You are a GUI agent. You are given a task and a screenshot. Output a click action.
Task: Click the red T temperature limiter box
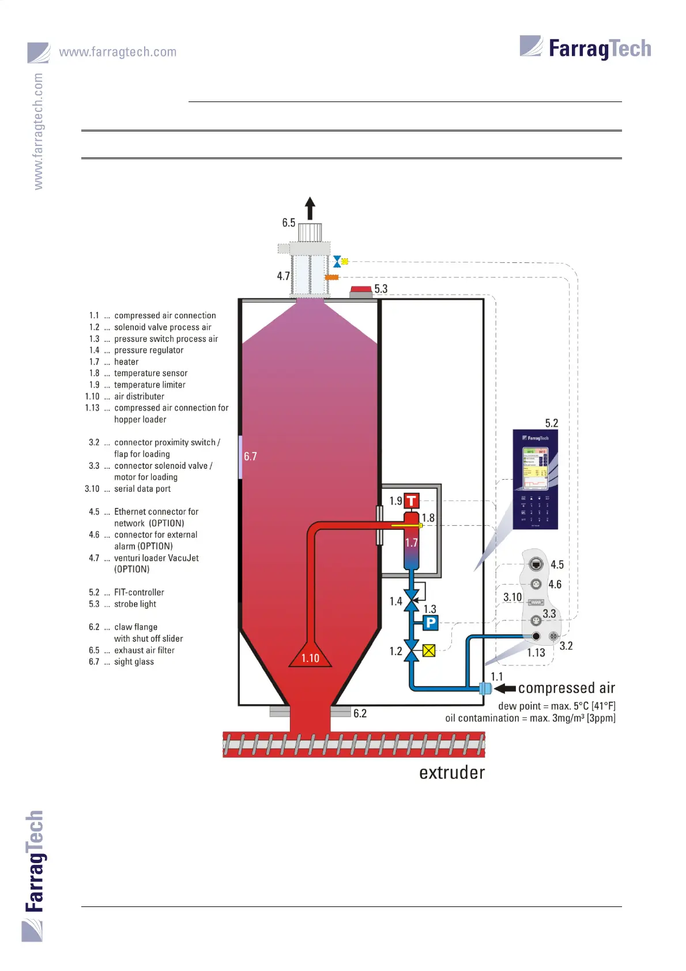click(x=411, y=501)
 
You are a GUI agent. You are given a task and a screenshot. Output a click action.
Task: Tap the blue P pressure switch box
click(x=431, y=623)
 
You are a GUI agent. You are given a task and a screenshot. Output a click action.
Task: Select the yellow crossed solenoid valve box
click(x=429, y=650)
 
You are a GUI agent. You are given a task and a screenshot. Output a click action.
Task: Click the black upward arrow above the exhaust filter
click(x=310, y=208)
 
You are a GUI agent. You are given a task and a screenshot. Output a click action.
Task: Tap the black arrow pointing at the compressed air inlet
click(x=505, y=688)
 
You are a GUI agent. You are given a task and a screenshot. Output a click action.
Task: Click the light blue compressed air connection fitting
click(x=485, y=688)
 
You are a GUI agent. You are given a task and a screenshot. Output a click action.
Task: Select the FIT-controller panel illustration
click(x=536, y=479)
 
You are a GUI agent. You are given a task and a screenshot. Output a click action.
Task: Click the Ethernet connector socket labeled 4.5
click(x=536, y=564)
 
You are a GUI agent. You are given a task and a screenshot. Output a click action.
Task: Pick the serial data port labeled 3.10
click(x=536, y=602)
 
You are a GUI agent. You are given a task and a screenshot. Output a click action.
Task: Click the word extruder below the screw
click(x=452, y=773)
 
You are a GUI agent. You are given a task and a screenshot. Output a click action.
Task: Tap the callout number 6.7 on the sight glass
click(x=250, y=457)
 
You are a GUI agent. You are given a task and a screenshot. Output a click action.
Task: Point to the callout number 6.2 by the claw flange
click(x=360, y=714)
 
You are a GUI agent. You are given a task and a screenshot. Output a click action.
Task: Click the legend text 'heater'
click(x=126, y=362)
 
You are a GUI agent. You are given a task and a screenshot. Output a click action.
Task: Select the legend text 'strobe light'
click(x=135, y=604)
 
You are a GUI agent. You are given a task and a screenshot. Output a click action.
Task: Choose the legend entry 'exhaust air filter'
click(x=144, y=650)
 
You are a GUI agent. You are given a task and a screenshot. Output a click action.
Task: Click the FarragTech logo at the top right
click(x=586, y=48)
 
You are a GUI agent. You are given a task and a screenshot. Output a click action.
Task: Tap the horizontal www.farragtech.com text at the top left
click(x=118, y=52)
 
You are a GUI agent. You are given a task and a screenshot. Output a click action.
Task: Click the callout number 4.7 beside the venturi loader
click(x=283, y=276)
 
